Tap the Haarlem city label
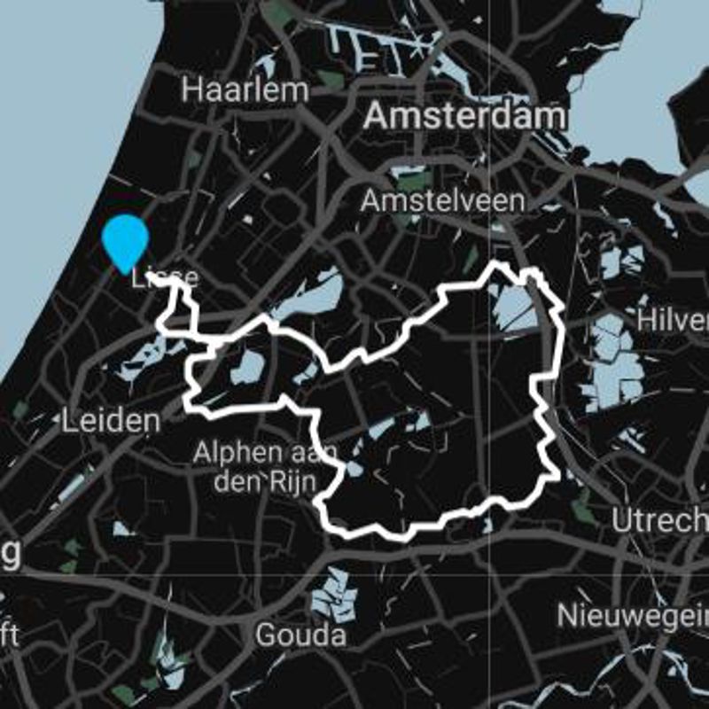[245, 90]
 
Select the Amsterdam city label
[464, 115]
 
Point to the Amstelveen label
[442, 200]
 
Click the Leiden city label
[111, 421]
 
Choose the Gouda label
[300, 635]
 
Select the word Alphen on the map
[229, 454]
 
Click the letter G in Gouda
[265, 635]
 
